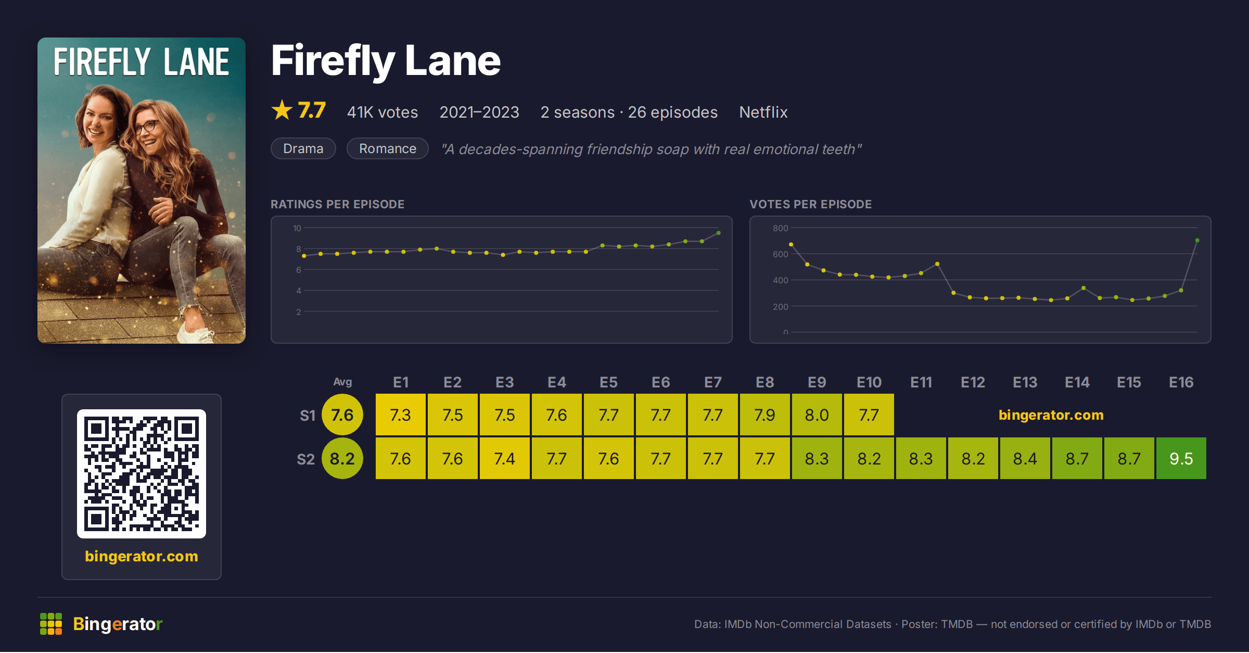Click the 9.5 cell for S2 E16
point(1181,458)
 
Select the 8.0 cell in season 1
point(817,415)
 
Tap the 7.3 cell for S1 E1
point(400,415)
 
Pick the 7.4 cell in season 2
point(504,458)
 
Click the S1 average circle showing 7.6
point(342,415)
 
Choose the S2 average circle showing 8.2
point(342,458)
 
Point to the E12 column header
point(973,382)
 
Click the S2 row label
point(306,459)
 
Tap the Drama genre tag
point(303,148)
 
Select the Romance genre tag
point(388,148)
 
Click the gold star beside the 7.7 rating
point(282,110)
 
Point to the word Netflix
point(763,112)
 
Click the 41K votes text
point(383,112)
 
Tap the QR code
point(142,473)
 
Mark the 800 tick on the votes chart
point(780,228)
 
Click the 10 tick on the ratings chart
point(297,228)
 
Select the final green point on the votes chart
point(1197,241)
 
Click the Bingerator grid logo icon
point(51,624)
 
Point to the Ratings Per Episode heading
point(337,204)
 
